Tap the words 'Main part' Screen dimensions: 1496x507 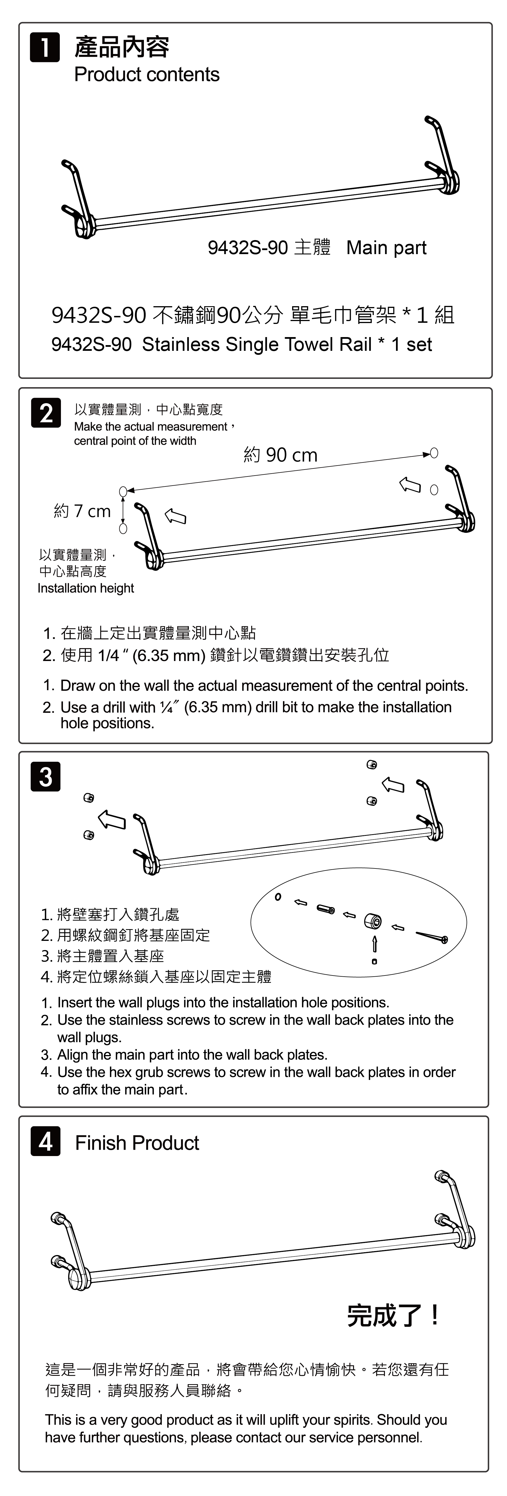point(386,248)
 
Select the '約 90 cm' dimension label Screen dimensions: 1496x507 point(280,455)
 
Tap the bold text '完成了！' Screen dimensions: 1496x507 point(393,1315)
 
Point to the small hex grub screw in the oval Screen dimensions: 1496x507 point(375,961)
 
